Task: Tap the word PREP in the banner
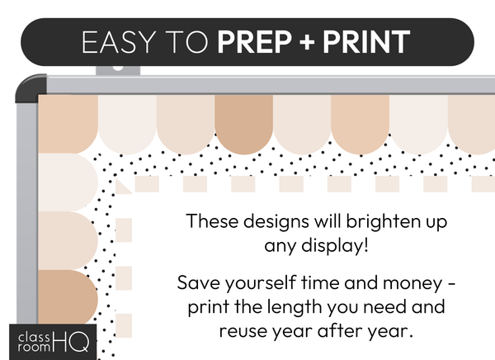click(254, 42)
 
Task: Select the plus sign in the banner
click(307, 42)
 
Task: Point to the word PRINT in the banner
click(366, 42)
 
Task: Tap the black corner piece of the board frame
click(31, 88)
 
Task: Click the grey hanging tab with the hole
click(118, 70)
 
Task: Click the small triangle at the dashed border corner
click(122, 186)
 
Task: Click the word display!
click(334, 245)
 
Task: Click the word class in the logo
click(34, 338)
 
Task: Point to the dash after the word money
click(452, 283)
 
